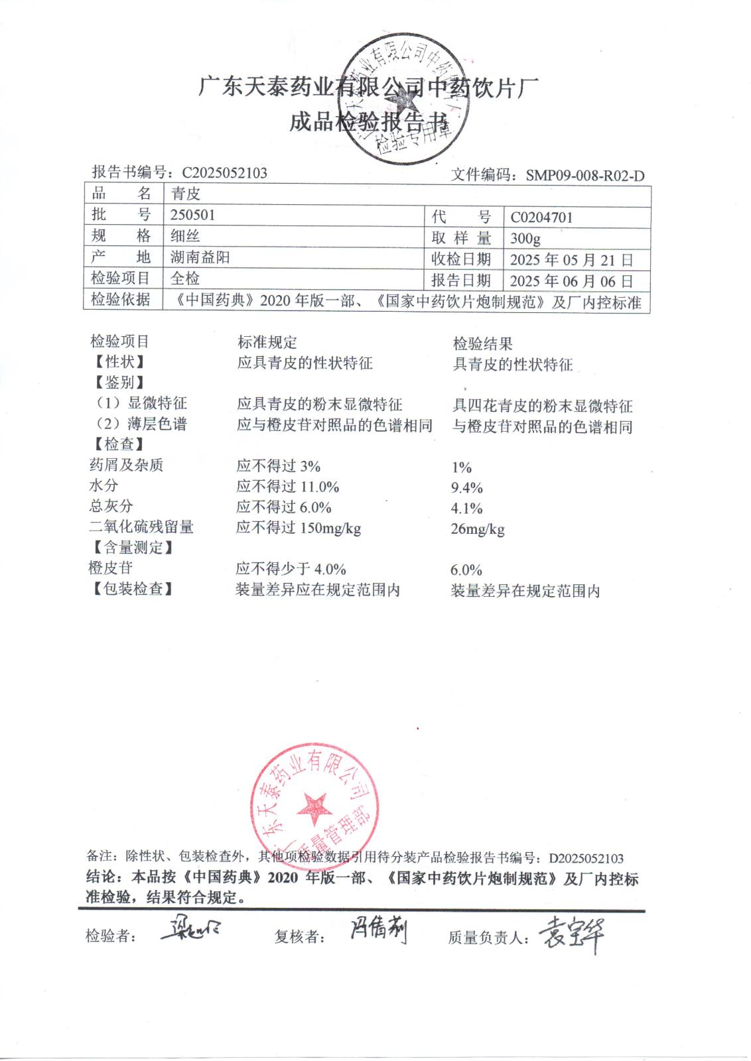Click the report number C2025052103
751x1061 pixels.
tap(224, 173)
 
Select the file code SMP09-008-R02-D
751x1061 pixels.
tap(584, 176)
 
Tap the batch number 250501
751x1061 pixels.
tap(192, 215)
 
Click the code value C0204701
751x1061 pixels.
tap(541, 218)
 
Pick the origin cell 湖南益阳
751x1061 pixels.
tap(200, 257)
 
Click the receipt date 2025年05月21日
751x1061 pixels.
tap(571, 260)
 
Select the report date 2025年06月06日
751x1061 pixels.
tap(571, 281)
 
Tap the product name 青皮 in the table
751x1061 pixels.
tap(185, 194)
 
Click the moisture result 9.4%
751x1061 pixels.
tap(466, 488)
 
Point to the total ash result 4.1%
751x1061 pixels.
tap(466, 509)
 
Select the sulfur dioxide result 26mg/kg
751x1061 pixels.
tap(477, 529)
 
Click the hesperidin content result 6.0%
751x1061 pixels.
tap(466, 570)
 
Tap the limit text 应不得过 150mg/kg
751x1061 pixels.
tap(299, 528)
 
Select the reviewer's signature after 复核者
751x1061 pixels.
tap(378, 931)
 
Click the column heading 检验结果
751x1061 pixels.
tap(482, 343)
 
